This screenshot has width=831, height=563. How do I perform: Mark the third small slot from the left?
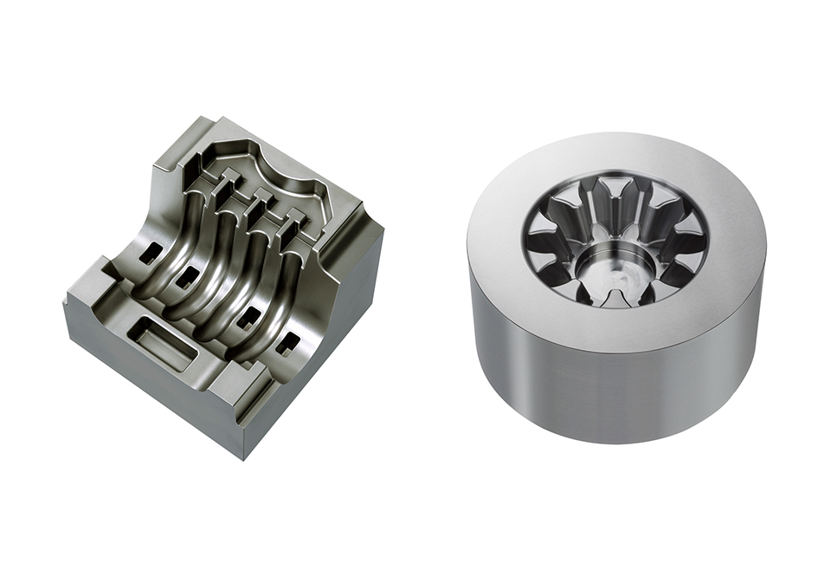(x=246, y=314)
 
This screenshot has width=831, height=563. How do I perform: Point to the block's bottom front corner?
(x=243, y=458)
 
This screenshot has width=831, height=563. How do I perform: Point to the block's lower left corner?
(x=66, y=306)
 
